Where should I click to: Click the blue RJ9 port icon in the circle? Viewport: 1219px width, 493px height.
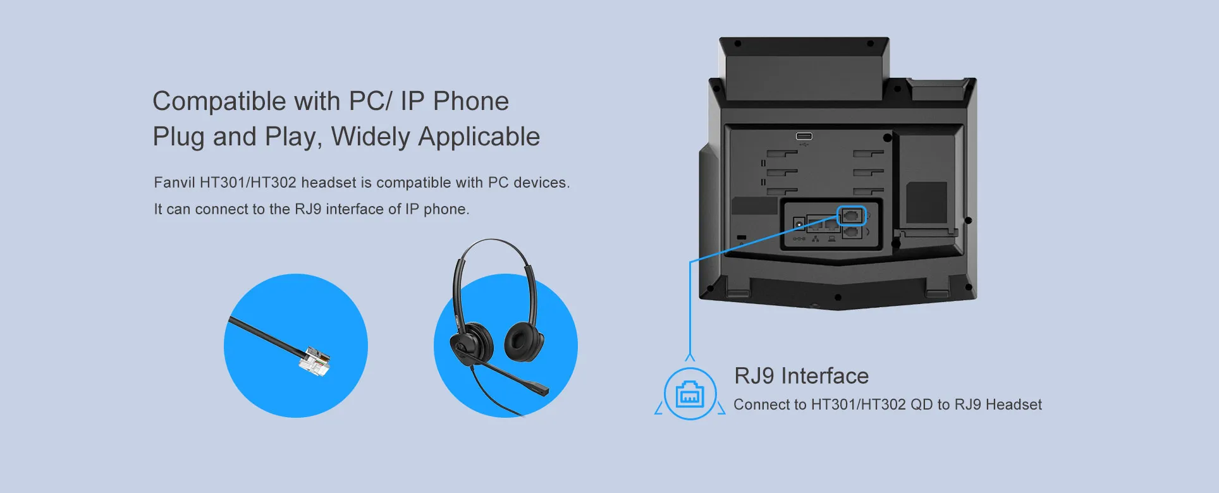point(690,394)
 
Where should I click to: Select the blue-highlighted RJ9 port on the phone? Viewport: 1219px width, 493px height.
point(851,216)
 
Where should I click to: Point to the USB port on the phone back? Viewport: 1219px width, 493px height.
point(804,137)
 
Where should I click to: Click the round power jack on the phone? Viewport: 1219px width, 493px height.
point(799,224)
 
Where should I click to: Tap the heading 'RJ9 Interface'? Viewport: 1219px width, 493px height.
point(801,376)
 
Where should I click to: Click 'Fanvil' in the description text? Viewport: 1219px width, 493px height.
point(174,183)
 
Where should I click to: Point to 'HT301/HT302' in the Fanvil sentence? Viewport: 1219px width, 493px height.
point(248,183)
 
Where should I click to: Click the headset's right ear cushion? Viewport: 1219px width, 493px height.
point(524,343)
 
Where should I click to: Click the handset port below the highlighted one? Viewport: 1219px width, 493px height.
point(852,233)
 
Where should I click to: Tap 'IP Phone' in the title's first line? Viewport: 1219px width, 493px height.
point(454,101)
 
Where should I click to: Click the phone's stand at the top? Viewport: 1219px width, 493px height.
point(804,70)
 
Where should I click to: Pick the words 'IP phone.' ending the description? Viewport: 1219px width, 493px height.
point(437,209)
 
